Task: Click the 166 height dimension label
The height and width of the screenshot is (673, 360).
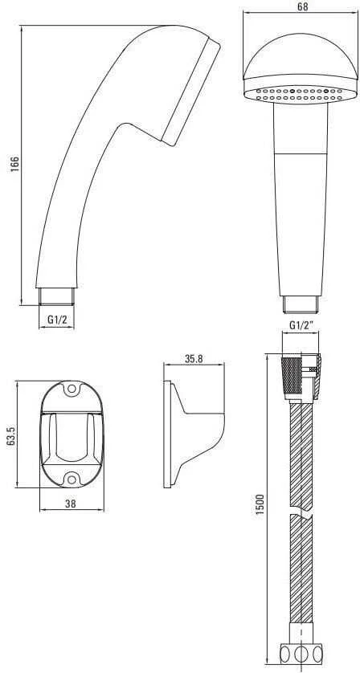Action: click(14, 164)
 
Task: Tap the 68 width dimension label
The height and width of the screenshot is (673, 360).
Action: click(302, 6)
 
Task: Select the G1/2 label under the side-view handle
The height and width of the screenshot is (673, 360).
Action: click(56, 320)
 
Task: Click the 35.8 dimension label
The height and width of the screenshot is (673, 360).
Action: click(194, 359)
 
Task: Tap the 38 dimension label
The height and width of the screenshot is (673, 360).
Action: click(71, 504)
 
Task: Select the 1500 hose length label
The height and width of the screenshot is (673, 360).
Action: click(259, 505)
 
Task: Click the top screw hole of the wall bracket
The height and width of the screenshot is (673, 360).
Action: click(72, 389)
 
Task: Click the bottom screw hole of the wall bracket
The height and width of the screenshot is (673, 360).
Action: click(72, 479)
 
